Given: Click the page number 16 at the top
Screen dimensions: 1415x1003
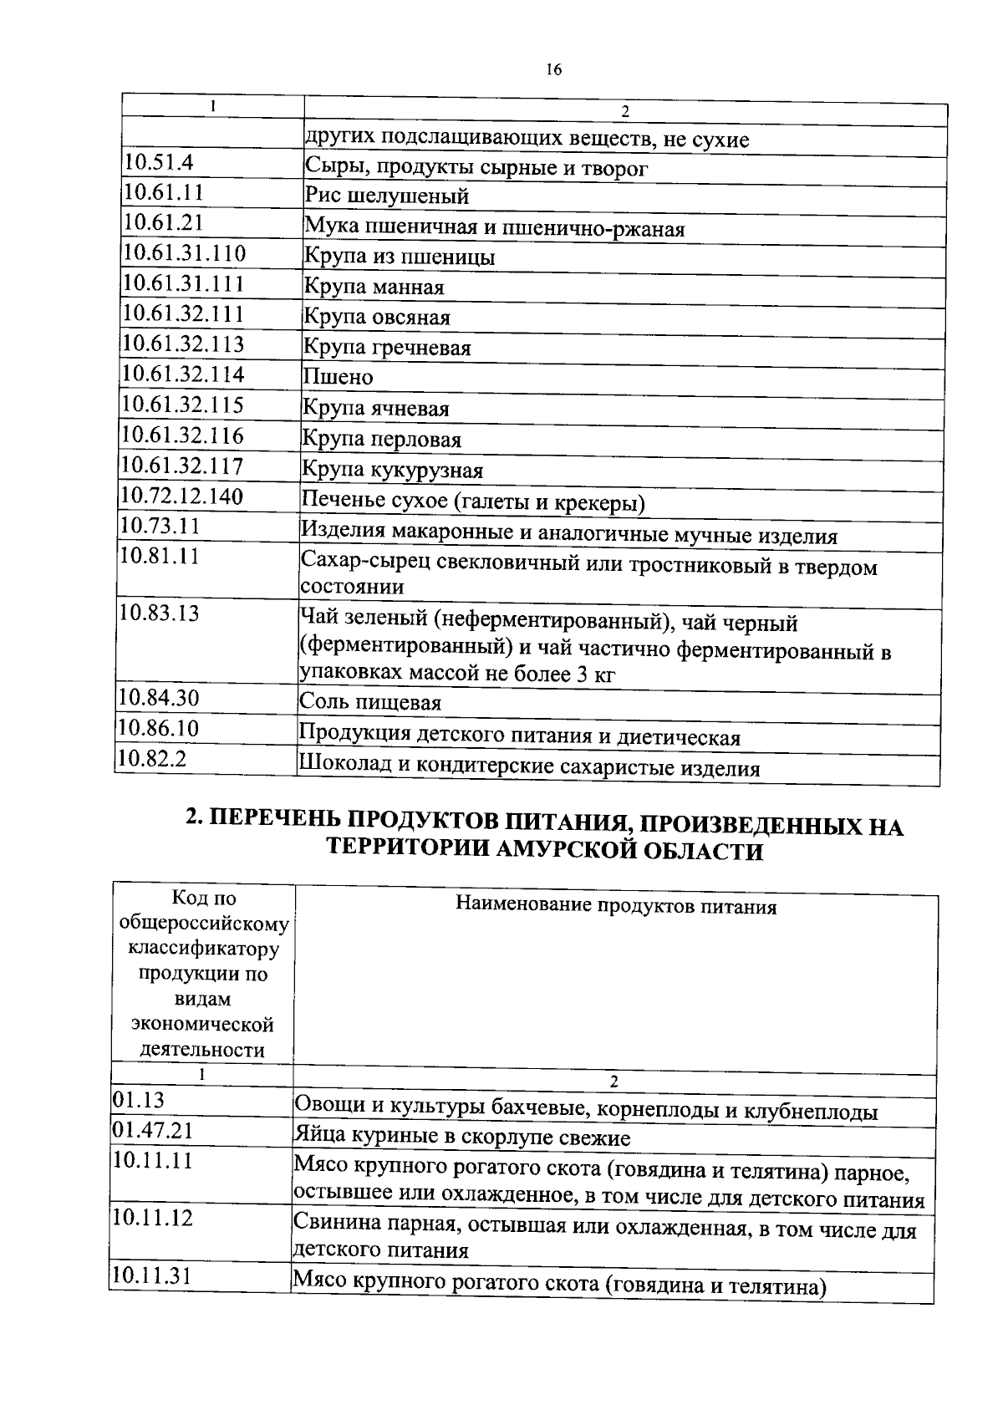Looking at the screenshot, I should (554, 70).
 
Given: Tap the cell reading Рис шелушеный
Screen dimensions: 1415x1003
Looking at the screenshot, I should (386, 196).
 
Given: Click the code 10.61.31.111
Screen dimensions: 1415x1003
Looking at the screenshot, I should (184, 283).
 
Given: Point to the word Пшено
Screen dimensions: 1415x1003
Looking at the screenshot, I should (338, 377).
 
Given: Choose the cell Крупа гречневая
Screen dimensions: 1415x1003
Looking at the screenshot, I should (386, 347).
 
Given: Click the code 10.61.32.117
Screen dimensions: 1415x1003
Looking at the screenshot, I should (181, 466).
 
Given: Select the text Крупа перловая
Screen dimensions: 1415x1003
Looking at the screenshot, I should (381, 440).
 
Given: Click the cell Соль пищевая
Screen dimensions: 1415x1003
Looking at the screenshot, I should (369, 703).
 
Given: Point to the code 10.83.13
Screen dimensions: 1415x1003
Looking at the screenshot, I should (159, 613).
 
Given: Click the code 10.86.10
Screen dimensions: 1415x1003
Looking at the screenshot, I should (158, 728).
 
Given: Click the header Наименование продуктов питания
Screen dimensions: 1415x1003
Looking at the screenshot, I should (615, 907).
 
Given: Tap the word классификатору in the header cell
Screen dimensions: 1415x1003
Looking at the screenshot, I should (202, 949).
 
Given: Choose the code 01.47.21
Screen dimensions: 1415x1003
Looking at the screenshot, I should (152, 1131).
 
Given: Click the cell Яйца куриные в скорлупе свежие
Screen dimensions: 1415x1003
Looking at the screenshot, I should (461, 1138).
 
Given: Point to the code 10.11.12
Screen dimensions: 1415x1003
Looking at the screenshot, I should (152, 1218).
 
